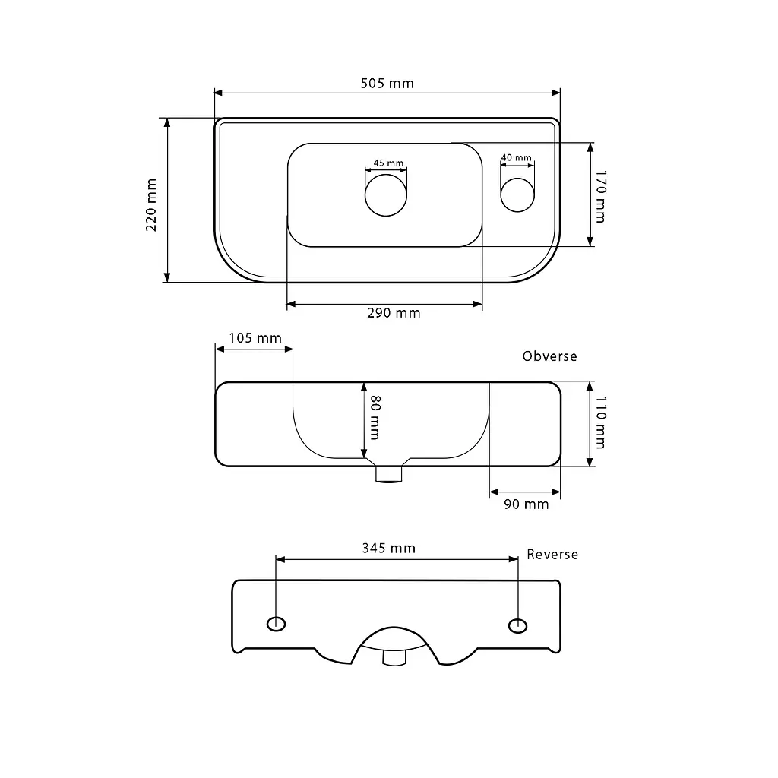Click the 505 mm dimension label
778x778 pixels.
pyautogui.click(x=387, y=84)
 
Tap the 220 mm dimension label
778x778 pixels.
pyautogui.click(x=151, y=205)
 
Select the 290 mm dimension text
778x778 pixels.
pyautogui.click(x=394, y=313)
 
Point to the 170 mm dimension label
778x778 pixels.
pyautogui.click(x=600, y=197)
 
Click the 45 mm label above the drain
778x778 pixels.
pyautogui.click(x=388, y=163)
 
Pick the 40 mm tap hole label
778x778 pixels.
pyautogui.click(x=517, y=157)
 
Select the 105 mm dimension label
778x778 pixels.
pyautogui.click(x=255, y=338)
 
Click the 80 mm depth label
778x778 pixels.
pyautogui.click(x=375, y=417)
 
